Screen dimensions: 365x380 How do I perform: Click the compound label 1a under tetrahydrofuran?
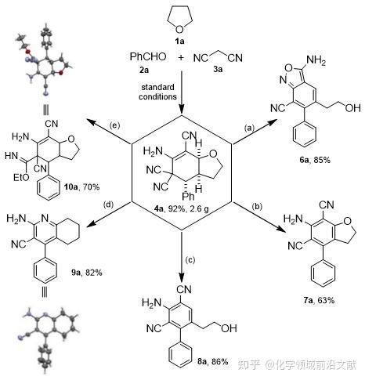pyautogui.click(x=179, y=41)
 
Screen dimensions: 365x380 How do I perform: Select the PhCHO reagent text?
pyautogui.click(x=148, y=56)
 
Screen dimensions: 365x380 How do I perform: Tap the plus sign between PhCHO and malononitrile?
pyautogui.click(x=181, y=57)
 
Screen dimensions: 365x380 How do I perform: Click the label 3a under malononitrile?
pyautogui.click(x=218, y=69)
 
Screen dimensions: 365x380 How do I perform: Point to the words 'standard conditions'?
pyautogui.click(x=157, y=92)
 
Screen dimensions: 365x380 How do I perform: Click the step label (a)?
pyautogui.click(x=249, y=128)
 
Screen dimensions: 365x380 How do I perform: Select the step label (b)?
pyautogui.click(x=257, y=207)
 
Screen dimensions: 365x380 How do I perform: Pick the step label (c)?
pyautogui.click(x=190, y=260)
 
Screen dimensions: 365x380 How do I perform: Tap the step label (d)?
pyautogui.click(x=109, y=204)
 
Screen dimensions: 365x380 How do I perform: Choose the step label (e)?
pyautogui.click(x=114, y=125)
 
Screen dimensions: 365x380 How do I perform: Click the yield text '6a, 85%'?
pyautogui.click(x=315, y=160)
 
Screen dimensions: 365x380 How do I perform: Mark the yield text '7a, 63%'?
pyautogui.click(x=319, y=300)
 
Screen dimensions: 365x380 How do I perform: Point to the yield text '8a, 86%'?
pyautogui.click(x=213, y=361)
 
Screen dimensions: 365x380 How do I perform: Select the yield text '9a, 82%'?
pyautogui.click(x=87, y=273)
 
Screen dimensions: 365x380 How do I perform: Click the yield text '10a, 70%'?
pyautogui.click(x=82, y=186)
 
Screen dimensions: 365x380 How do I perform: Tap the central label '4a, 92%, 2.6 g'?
pyautogui.click(x=181, y=209)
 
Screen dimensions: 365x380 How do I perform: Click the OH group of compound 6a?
pyautogui.click(x=352, y=108)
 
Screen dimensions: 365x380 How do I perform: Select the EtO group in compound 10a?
pyautogui.click(x=21, y=178)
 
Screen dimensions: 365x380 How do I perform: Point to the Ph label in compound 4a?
pyautogui.click(x=188, y=196)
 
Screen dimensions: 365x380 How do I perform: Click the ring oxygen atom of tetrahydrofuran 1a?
pyautogui.click(x=179, y=30)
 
